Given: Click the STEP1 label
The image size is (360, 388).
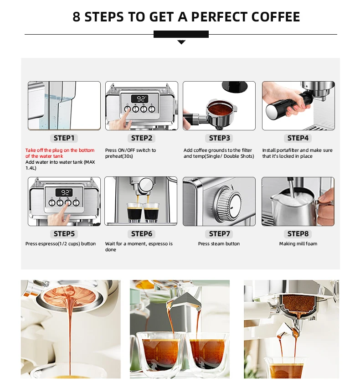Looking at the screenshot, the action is point(64,138).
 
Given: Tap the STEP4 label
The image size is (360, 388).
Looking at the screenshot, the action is point(298,138).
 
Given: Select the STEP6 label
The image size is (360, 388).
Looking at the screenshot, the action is point(142,234).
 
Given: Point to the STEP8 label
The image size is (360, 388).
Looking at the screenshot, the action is point(298,234).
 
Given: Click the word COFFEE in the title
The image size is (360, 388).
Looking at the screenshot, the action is point(275,17).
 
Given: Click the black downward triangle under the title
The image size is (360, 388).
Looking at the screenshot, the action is point(181,42).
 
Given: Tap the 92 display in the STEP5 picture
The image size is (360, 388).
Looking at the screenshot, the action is point(65,192).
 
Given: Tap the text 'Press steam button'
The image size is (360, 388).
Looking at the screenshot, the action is point(219,244).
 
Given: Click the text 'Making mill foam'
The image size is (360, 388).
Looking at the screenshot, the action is point(298,244).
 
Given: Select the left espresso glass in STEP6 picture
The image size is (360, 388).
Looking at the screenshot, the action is point(135,212).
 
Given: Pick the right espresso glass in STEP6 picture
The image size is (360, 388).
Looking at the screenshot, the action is point(152,212).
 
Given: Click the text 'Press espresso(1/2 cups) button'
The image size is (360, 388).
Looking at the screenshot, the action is point(61,244).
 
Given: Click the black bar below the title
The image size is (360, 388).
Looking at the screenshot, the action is point(181,34).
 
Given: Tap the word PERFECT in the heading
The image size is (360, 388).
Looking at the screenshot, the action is point(219,17).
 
